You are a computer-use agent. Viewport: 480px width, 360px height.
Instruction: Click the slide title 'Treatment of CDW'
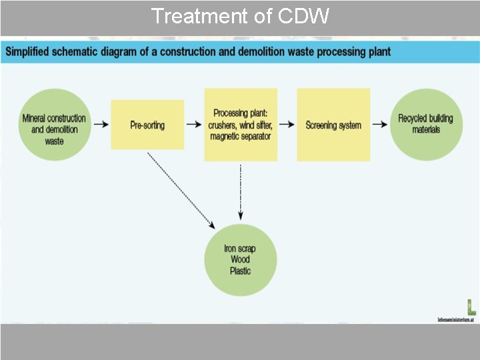240,16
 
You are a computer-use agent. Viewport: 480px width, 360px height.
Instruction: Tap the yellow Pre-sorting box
147,125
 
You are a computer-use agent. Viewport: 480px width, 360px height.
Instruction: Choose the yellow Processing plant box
241,125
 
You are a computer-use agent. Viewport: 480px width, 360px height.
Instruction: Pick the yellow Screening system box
333,125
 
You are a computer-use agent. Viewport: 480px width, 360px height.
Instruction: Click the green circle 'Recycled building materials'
425,124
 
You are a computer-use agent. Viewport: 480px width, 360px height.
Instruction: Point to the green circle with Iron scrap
240,260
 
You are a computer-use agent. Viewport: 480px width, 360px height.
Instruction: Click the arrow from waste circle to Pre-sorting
101,124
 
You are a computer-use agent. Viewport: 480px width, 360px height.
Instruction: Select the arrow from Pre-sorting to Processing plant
194,124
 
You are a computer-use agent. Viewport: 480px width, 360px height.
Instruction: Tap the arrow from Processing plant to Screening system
287,124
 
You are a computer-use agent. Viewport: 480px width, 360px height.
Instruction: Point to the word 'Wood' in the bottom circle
240,260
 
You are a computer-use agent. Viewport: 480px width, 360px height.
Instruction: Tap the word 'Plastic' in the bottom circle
240,271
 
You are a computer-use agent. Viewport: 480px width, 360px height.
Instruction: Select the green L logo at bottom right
471,307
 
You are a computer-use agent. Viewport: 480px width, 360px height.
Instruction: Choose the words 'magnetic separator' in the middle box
241,137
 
